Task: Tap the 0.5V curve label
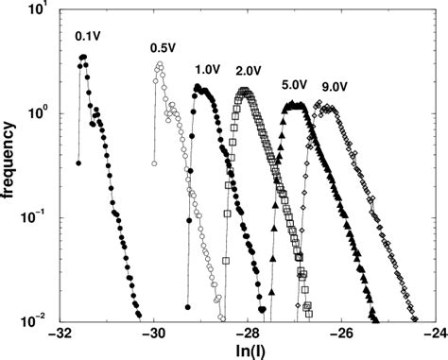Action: point(164,48)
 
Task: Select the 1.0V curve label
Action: point(208,70)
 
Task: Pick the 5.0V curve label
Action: point(294,84)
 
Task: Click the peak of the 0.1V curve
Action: point(84,58)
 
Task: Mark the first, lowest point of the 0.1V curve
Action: point(78,163)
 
